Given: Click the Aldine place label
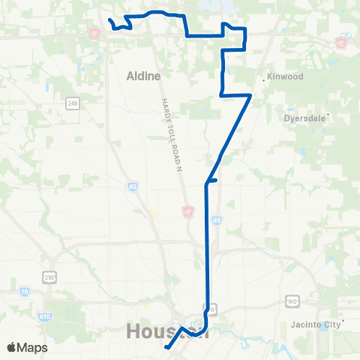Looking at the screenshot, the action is pyautogui.click(x=139, y=76).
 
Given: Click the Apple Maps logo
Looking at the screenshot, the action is pyautogui.click(x=27, y=347).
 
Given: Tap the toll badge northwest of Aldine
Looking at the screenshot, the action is pyautogui.click(x=94, y=34).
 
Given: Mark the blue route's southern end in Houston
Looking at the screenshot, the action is pyautogui.click(x=166, y=347).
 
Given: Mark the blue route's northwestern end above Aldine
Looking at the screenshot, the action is pyautogui.click(x=109, y=20).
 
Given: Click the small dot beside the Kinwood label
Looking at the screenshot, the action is pyautogui.click(x=264, y=77).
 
